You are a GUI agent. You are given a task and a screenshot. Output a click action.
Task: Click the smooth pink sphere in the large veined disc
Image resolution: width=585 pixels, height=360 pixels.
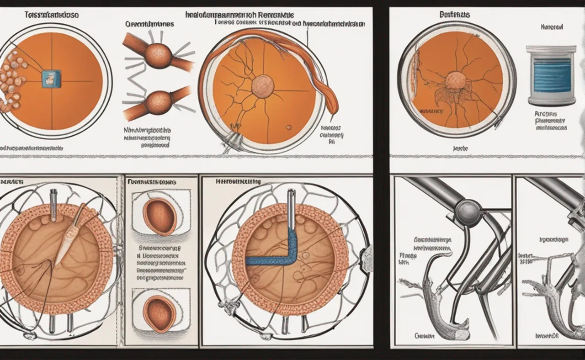(x=263, y=85)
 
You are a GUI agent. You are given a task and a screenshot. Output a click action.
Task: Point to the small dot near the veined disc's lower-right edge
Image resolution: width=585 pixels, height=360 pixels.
(x=289, y=127)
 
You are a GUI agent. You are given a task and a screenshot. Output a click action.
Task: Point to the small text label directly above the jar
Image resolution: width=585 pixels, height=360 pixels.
(x=551, y=27)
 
